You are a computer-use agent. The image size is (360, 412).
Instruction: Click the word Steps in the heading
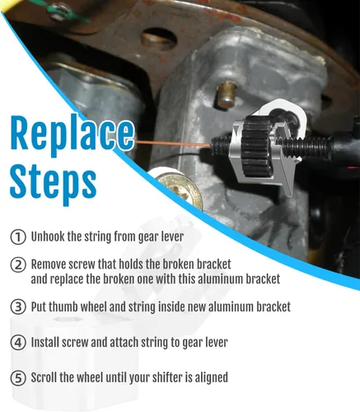(x=53, y=182)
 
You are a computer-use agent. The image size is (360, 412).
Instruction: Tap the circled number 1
(x=18, y=237)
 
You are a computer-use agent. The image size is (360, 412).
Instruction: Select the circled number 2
(x=18, y=265)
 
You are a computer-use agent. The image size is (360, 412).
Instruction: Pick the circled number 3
(x=18, y=307)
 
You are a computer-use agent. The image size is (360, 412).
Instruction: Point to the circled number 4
(x=18, y=343)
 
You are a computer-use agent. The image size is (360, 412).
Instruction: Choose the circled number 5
(x=18, y=378)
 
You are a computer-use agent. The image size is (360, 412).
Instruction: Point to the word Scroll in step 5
(x=44, y=377)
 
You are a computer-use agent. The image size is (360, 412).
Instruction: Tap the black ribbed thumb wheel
(x=257, y=146)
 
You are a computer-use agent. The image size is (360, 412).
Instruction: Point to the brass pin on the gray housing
(x=225, y=95)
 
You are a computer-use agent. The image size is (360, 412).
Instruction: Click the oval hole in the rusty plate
(x=158, y=38)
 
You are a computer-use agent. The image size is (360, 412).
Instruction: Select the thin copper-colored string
(x=173, y=143)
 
